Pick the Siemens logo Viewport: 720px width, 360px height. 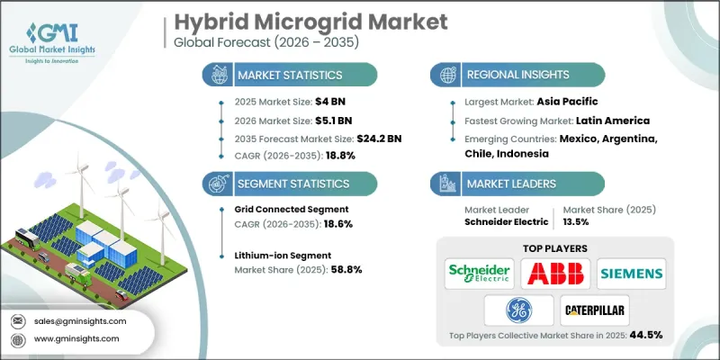click(x=630, y=272)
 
